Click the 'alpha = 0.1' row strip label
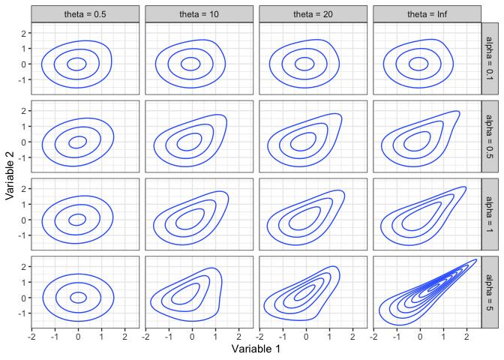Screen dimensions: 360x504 (490, 58)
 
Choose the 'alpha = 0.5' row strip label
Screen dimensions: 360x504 (490, 136)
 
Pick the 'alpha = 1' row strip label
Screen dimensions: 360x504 (490, 214)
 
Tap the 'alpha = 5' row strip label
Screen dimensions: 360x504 (490, 292)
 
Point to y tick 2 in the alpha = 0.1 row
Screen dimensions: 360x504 (25, 33)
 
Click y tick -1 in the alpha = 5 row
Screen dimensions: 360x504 (23, 313)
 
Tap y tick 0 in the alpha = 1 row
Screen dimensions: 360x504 (25, 220)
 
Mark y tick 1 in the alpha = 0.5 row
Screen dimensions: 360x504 (25, 126)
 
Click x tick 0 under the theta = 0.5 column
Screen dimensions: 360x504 (78, 337)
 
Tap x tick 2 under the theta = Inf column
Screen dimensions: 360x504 (466, 337)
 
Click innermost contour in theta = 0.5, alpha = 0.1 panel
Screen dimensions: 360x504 (86, 64)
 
